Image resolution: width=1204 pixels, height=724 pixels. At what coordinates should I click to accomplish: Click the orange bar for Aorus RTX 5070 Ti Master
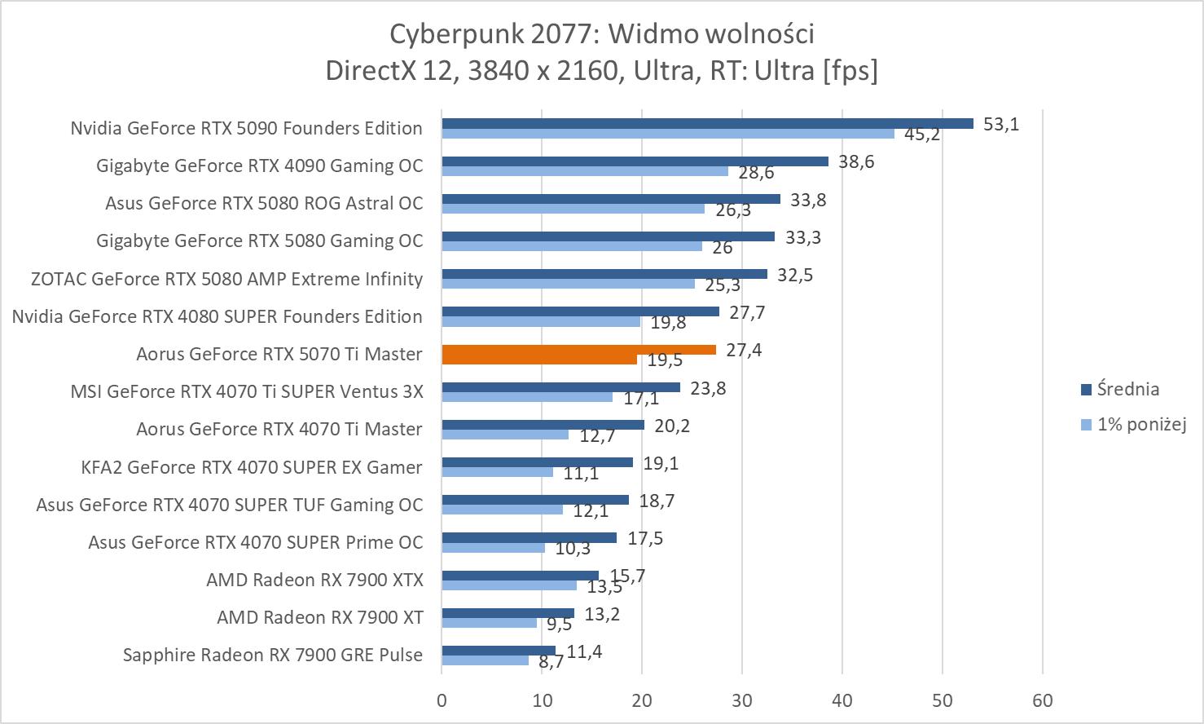(x=578, y=350)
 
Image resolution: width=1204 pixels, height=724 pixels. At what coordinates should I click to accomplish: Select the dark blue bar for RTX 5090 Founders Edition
(x=707, y=124)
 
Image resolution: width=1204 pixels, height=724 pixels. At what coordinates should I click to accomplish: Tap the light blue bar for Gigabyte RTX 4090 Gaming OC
(x=585, y=171)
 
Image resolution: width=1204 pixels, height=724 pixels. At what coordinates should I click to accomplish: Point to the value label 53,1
(x=1001, y=125)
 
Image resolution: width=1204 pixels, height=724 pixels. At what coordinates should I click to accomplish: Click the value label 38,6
(x=856, y=162)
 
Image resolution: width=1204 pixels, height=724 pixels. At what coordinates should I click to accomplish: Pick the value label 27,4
(x=744, y=351)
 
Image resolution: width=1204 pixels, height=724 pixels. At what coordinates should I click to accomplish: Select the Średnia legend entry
(x=1127, y=389)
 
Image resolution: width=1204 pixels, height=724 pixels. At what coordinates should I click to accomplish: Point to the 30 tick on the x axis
(x=742, y=700)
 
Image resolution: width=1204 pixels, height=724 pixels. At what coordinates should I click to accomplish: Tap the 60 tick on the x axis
(x=1043, y=700)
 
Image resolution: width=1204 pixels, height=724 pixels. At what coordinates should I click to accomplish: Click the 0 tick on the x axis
(x=442, y=700)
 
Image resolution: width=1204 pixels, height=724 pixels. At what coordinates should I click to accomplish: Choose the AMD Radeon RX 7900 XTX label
(x=314, y=580)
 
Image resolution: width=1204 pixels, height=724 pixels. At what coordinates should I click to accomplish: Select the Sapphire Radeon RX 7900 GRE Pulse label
(x=273, y=655)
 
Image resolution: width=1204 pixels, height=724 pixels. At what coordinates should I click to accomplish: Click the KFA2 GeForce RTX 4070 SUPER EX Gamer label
(x=252, y=467)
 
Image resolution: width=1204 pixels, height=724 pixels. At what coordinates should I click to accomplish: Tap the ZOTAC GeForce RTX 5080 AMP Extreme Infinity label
(x=226, y=279)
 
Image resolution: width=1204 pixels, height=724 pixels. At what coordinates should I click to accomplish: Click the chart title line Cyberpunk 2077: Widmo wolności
(x=602, y=34)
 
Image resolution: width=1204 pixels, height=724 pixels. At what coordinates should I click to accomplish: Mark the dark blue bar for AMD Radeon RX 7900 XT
(x=508, y=613)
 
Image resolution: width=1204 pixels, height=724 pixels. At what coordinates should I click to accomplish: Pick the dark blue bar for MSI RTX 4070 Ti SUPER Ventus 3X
(x=560, y=387)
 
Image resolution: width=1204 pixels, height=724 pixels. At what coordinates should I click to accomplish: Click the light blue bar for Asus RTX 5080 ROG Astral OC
(x=573, y=209)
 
